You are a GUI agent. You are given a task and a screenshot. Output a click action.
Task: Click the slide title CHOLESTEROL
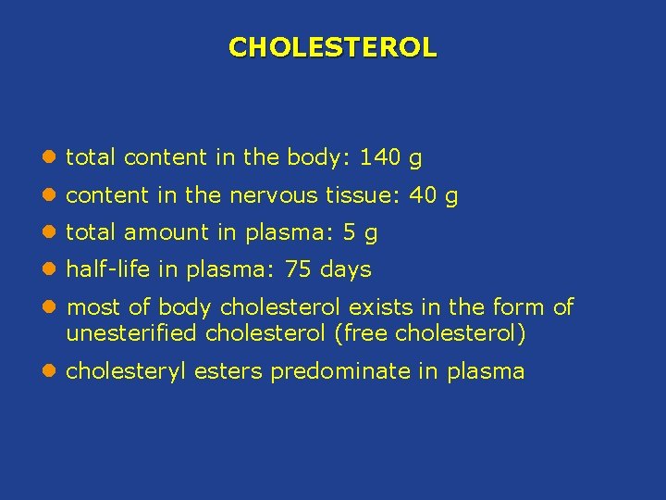(x=332, y=46)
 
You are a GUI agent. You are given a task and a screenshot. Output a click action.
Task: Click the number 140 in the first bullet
(x=379, y=157)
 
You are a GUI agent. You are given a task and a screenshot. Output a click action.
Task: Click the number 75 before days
(x=298, y=270)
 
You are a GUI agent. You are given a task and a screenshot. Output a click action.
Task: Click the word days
(x=344, y=270)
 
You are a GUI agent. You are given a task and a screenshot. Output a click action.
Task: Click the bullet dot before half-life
(x=47, y=270)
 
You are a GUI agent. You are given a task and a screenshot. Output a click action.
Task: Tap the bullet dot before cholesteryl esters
(x=47, y=372)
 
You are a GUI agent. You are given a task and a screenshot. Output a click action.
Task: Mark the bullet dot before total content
(x=47, y=158)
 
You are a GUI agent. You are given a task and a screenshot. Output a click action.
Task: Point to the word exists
(x=379, y=307)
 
